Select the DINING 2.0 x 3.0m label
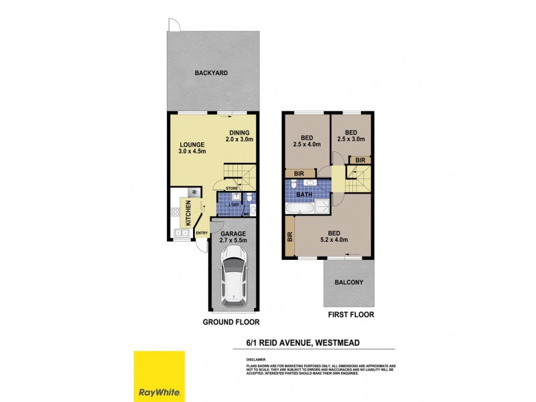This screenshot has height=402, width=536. pos(239,135)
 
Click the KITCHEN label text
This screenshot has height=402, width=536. pos(188,215)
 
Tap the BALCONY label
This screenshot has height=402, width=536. pos(348,282)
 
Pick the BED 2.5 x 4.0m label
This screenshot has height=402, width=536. pos(307,141)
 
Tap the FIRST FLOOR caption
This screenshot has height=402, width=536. pos(350,314)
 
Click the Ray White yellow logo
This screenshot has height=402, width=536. pos(159,377)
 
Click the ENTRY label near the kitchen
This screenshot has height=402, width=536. pos(201,233)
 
